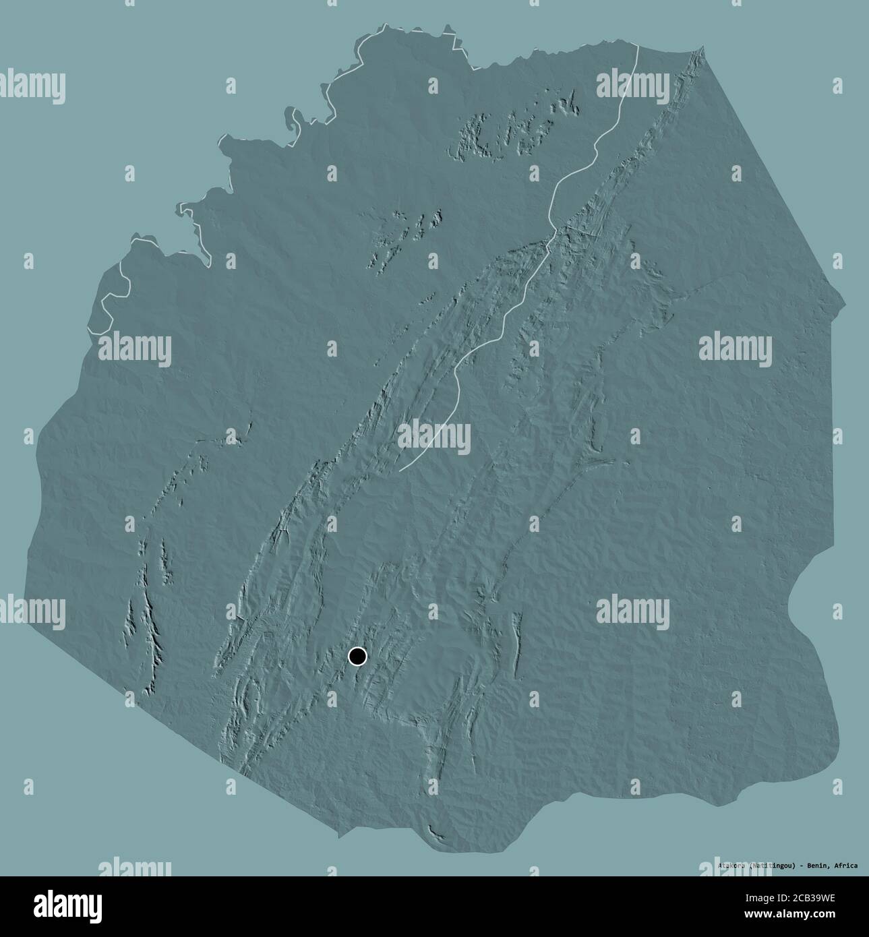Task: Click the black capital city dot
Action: click(x=357, y=656)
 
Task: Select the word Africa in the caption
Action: click(x=845, y=865)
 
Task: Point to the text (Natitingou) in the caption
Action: click(x=774, y=865)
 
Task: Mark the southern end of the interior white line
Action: click(x=400, y=470)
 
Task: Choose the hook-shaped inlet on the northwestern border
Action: click(x=294, y=122)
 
